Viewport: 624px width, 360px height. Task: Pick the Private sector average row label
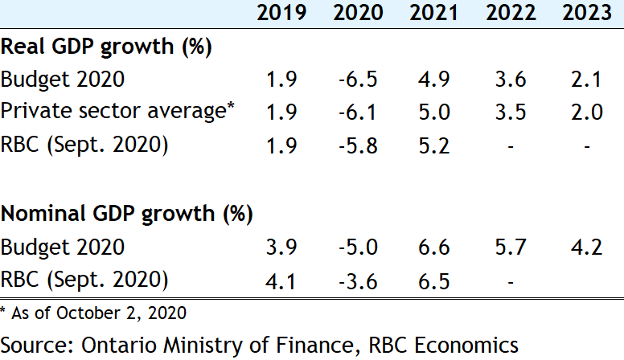coord(117,112)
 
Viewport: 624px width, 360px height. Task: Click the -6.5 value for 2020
coord(356,80)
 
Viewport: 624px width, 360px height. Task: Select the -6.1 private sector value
coord(356,112)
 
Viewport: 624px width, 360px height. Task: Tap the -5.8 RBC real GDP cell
coord(356,145)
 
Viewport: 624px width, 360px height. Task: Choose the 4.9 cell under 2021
coord(433,80)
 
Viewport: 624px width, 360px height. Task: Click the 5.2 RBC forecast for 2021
coord(433,145)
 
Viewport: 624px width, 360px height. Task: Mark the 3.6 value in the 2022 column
coord(510,80)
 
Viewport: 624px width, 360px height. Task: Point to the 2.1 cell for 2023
coord(586,80)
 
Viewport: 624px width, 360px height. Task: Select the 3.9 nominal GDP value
coord(281,247)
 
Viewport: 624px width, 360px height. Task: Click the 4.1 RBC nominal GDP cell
coord(281,280)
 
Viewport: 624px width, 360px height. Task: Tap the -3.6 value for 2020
coord(356,280)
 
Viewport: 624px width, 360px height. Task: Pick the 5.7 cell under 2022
coord(510,247)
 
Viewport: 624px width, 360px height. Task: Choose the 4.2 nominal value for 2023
coord(586,247)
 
